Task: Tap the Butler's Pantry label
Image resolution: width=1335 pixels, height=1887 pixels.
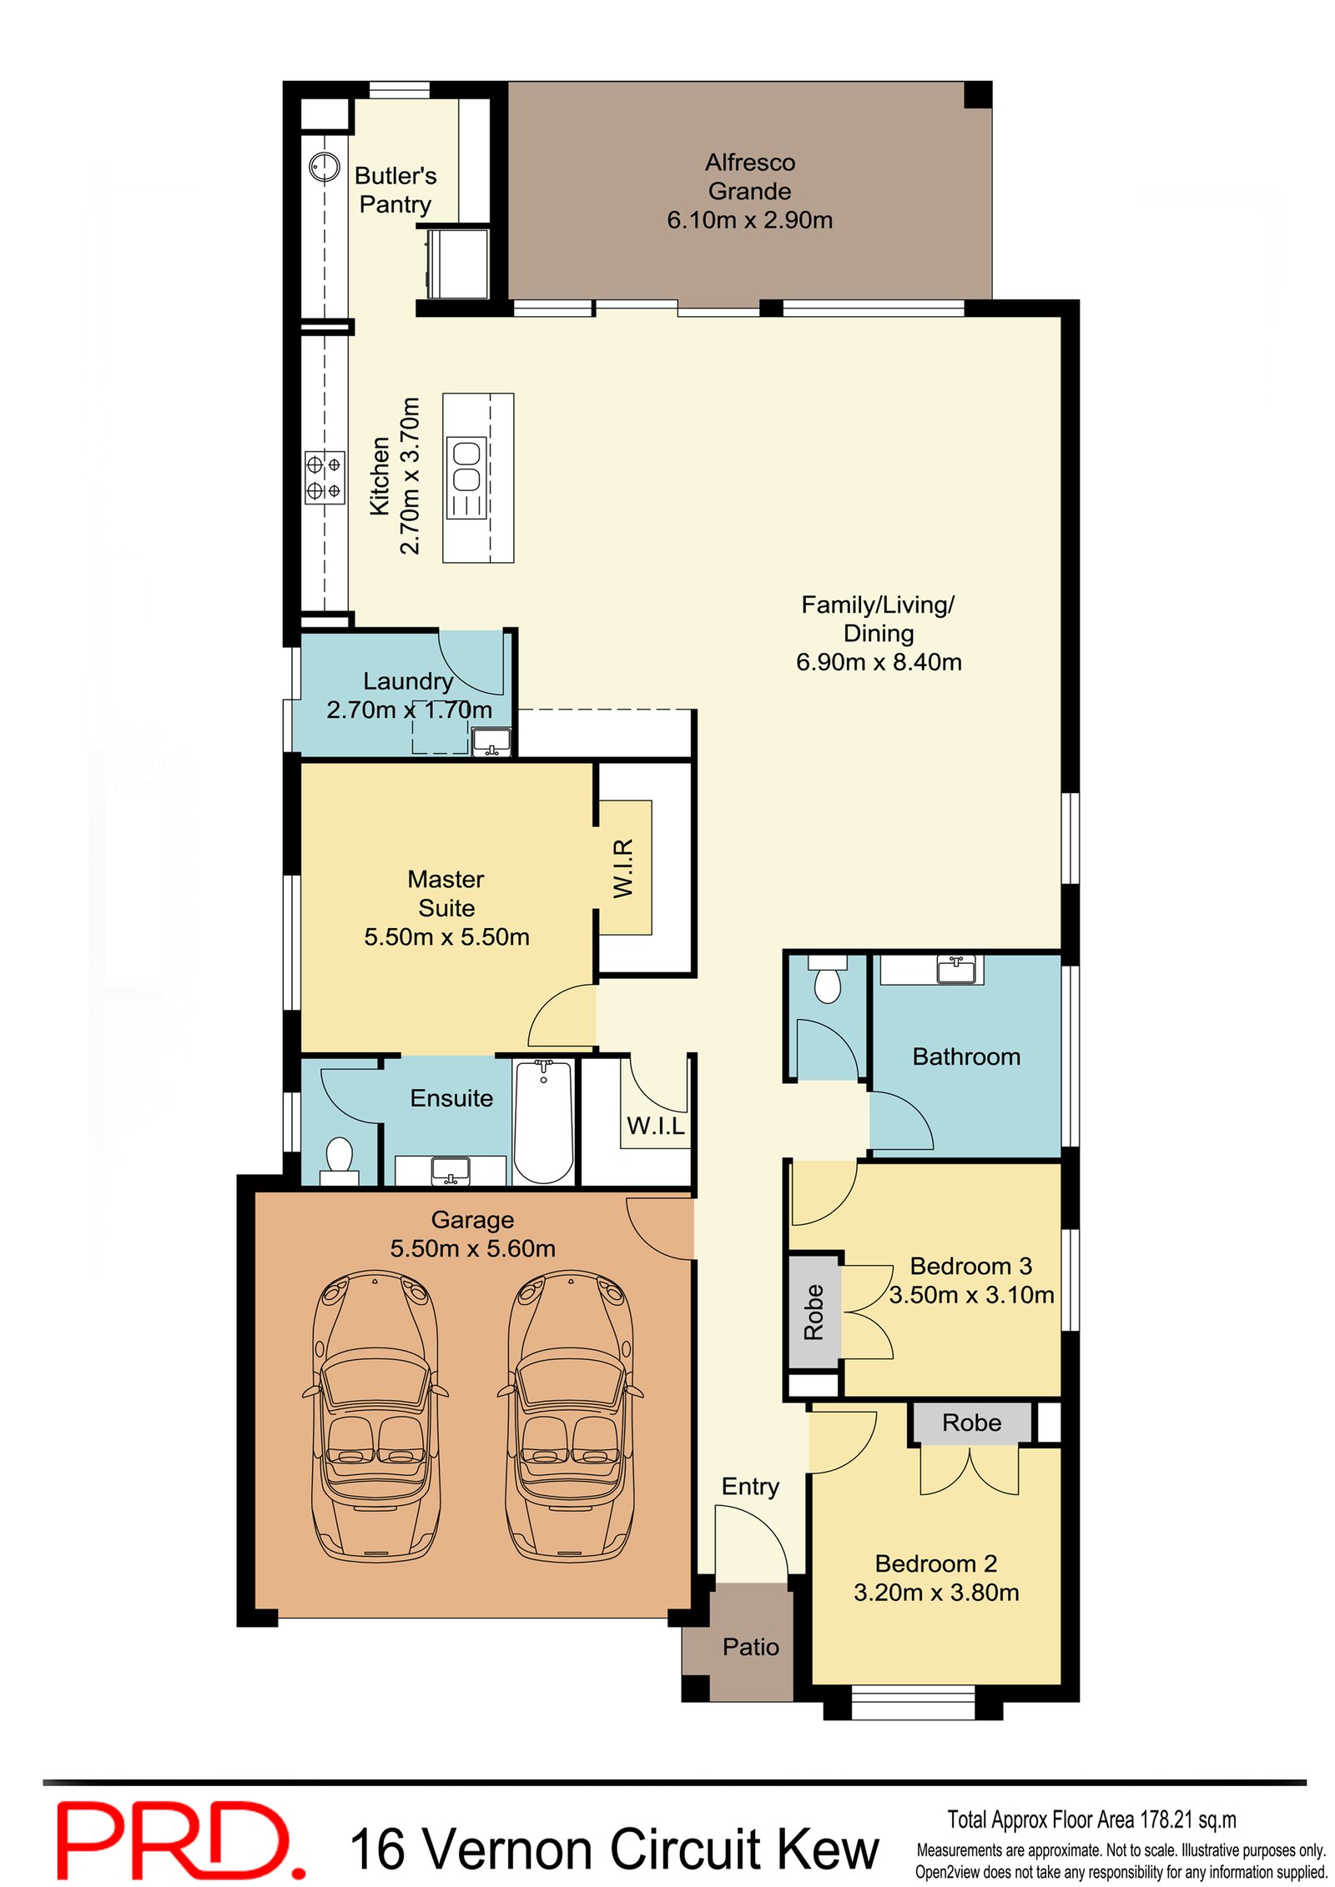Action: (395, 190)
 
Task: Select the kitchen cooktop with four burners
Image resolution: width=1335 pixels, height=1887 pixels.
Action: (324, 477)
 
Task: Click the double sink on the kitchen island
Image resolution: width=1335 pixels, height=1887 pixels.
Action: (466, 479)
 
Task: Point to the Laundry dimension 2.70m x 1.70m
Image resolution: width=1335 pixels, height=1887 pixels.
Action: (409, 710)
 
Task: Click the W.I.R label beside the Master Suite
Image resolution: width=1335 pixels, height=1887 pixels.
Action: (623, 867)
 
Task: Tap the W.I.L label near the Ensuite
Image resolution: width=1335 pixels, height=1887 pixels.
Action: (655, 1126)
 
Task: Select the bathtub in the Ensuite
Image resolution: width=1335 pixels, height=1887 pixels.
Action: (542, 1120)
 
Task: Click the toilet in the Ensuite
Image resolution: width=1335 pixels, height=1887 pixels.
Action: (339, 1157)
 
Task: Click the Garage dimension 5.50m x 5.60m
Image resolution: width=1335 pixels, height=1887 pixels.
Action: (472, 1248)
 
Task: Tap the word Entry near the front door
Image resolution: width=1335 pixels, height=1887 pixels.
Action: (749, 1486)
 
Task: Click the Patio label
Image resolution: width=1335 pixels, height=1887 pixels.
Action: (750, 1646)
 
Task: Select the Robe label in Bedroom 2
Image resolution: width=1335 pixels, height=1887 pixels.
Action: (970, 1423)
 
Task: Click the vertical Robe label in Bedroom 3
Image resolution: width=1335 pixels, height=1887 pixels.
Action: (814, 1312)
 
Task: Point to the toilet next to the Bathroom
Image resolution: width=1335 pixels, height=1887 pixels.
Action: (827, 984)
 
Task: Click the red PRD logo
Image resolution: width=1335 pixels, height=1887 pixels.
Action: (179, 1839)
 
